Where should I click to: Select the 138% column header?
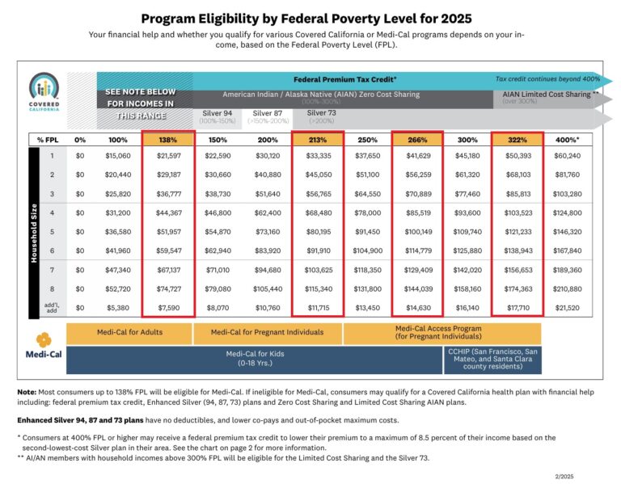click(x=168, y=140)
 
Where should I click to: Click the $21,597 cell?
click(x=168, y=156)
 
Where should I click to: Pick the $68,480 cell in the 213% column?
click(x=319, y=213)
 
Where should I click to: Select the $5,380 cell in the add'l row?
click(x=119, y=307)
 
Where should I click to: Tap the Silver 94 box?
click(x=217, y=117)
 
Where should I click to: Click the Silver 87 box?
click(x=268, y=117)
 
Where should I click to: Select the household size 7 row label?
click(x=53, y=269)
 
